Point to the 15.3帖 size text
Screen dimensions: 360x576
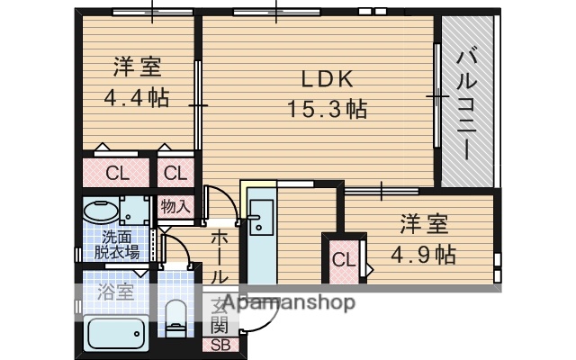point(326,110)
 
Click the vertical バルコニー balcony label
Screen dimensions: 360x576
point(467,103)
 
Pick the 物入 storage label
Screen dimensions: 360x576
point(175,206)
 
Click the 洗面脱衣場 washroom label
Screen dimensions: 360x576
point(118,245)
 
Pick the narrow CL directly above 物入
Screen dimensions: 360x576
point(175,172)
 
